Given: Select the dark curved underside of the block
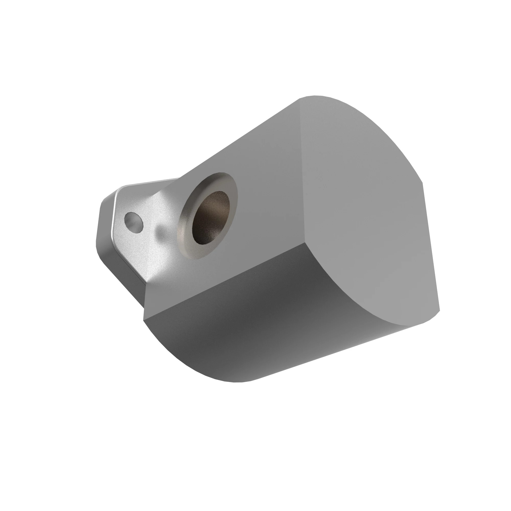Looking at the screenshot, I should tap(251, 331).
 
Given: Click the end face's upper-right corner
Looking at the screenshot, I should tap(422, 182).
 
